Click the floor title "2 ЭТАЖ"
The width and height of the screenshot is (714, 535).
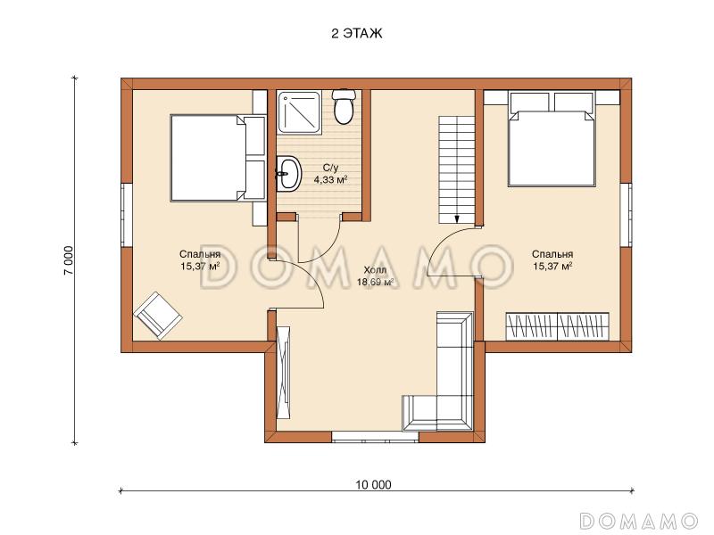(356, 34)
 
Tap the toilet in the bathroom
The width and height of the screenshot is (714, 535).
(344, 106)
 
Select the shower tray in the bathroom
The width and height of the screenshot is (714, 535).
(299, 112)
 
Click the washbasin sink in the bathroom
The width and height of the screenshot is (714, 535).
(288, 173)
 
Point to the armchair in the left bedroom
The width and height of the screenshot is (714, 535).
(158, 316)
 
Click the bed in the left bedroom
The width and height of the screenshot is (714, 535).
(217, 158)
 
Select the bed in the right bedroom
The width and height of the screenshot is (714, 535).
(552, 139)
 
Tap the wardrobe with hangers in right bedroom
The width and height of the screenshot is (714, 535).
(557, 325)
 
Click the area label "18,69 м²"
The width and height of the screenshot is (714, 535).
(375, 282)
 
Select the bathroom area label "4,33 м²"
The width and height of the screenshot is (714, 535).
(330, 180)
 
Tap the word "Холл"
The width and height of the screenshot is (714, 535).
(375, 271)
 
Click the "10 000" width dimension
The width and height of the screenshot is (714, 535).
(373, 485)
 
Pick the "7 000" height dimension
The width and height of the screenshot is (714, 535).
(69, 260)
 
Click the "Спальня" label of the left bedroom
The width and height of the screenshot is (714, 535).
(200, 254)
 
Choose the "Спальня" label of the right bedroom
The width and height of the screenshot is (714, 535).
(552, 254)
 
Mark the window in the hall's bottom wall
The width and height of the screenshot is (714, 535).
(375, 437)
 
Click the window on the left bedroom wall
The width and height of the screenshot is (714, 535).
(126, 215)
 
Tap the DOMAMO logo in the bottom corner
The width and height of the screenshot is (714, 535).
(639, 520)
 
